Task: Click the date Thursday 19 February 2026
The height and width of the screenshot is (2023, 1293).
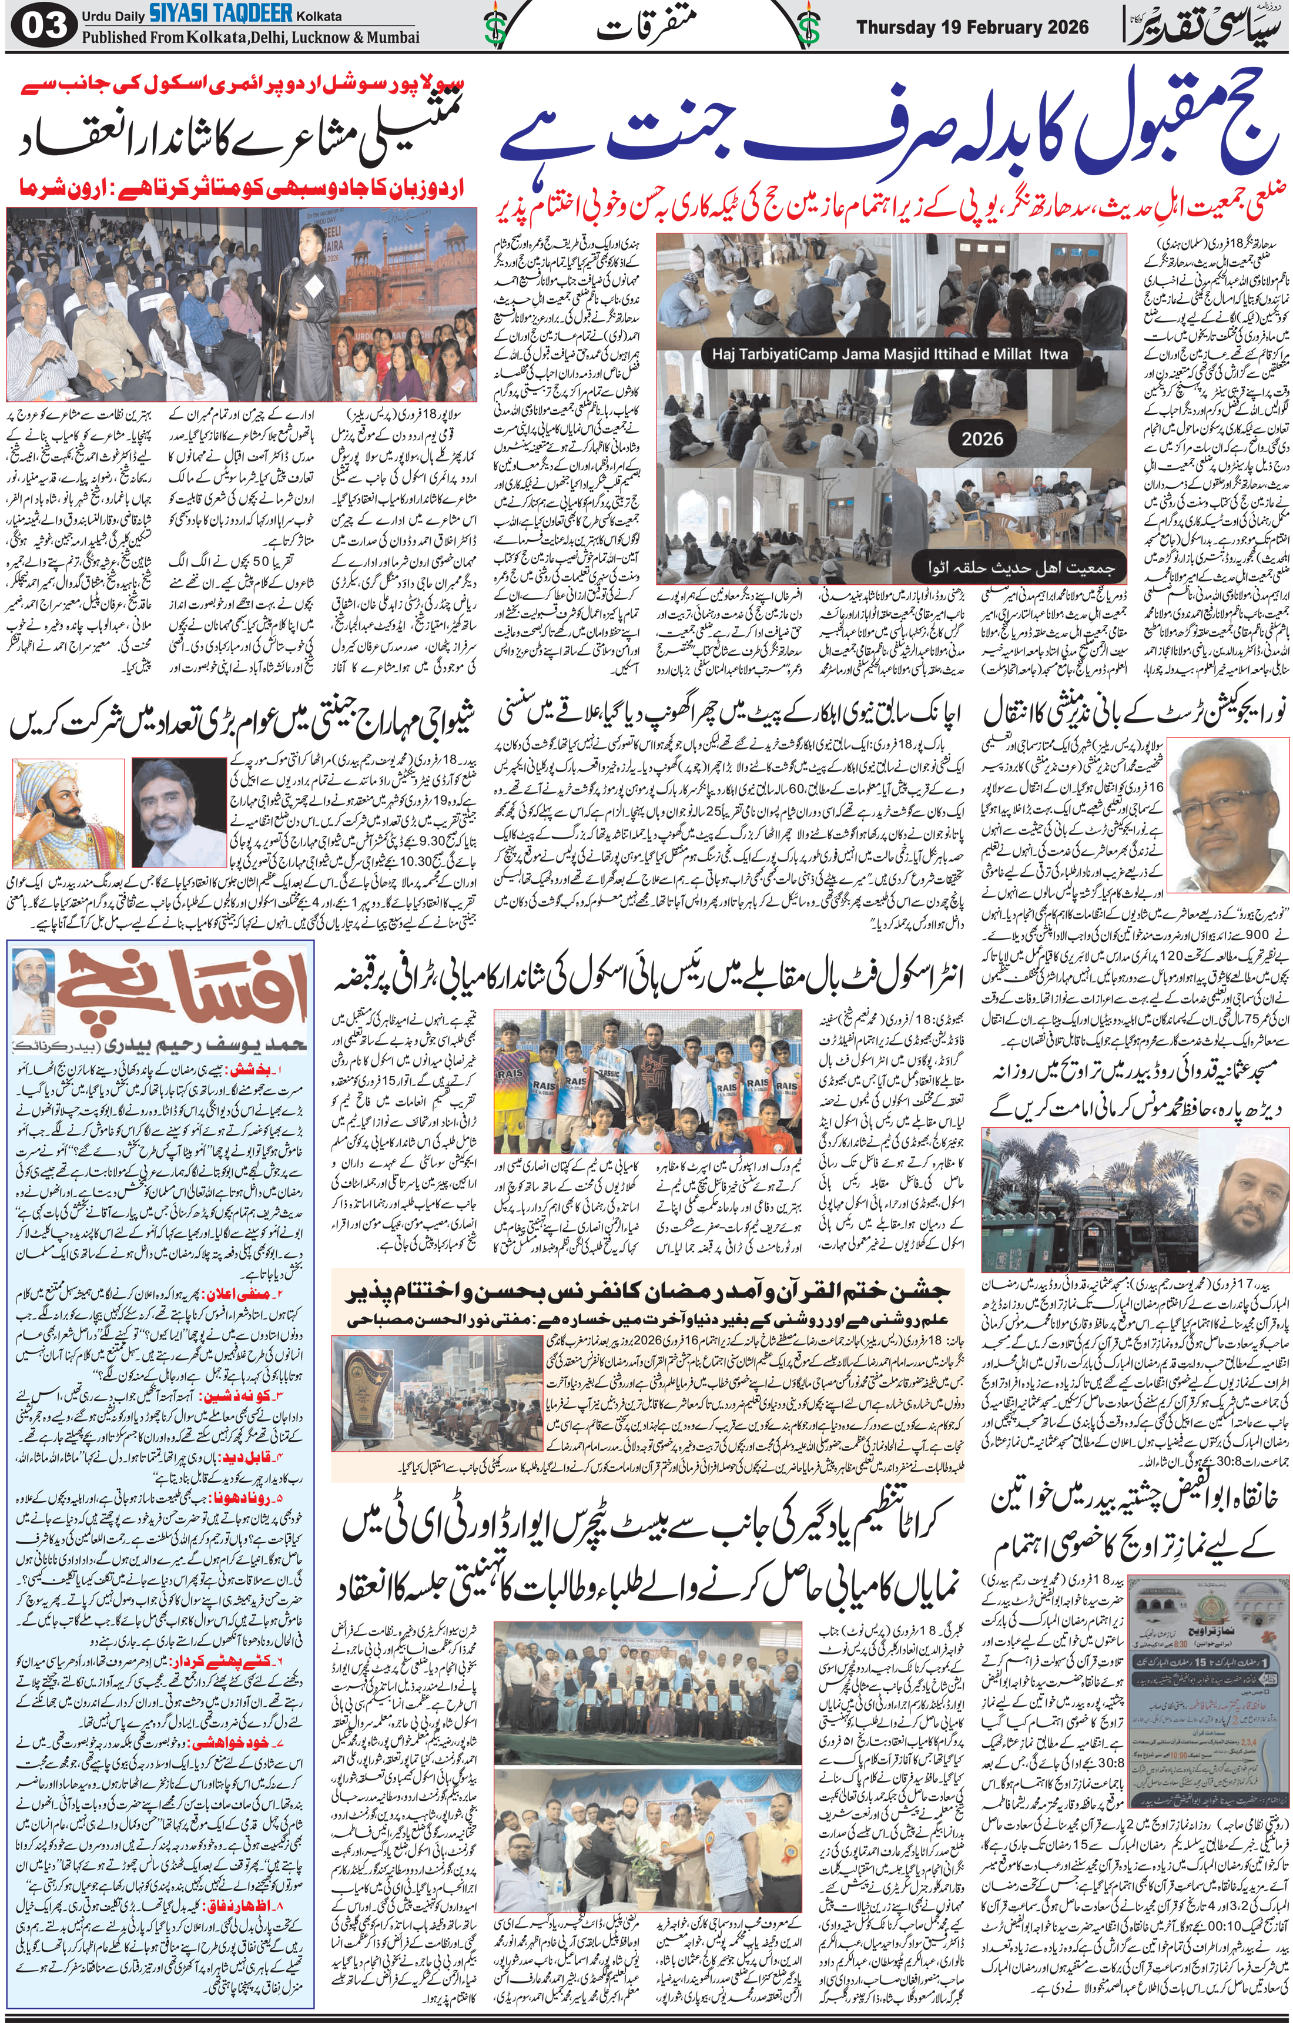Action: tap(972, 27)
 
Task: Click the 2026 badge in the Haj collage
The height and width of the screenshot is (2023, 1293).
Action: tap(982, 438)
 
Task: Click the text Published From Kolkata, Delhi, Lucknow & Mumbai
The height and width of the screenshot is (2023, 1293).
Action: tap(250, 38)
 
